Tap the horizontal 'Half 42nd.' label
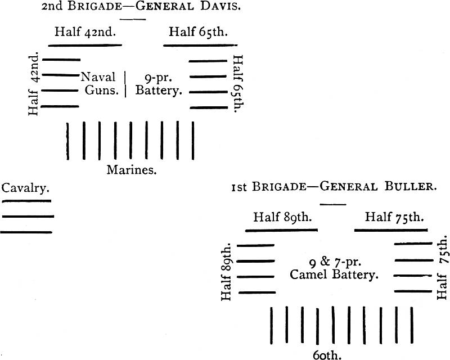[85, 31]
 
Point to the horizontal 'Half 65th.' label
[198, 31]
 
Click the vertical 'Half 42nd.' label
[34, 84]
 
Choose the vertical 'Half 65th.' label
[237, 84]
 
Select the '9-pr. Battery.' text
[159, 84]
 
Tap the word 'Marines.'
[132, 169]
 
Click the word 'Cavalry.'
[25, 188]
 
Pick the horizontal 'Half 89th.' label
[282, 217]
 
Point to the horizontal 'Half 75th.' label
[394, 217]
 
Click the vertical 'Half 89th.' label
[227, 272]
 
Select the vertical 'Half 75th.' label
[442, 268]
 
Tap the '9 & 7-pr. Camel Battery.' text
[334, 268]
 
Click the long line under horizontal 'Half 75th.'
[391, 230]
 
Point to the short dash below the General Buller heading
[333, 204]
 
